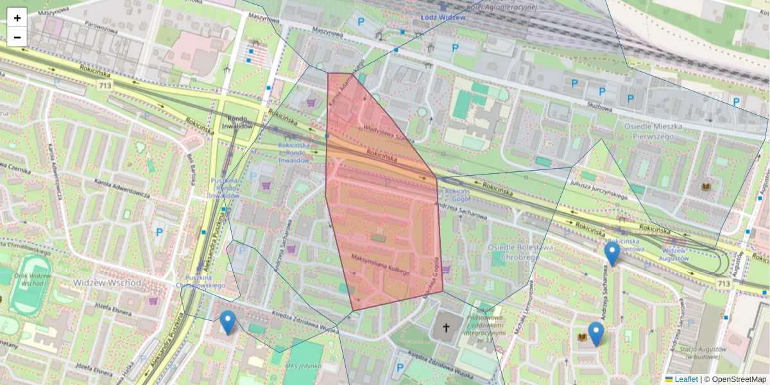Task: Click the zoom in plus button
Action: pyautogui.click(x=17, y=17)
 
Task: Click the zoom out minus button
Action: pyautogui.click(x=17, y=37)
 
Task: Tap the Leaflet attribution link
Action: pyautogui.click(x=686, y=379)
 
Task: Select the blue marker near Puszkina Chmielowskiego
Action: pyautogui.click(x=227, y=322)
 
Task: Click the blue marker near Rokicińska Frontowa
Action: pyautogui.click(x=612, y=253)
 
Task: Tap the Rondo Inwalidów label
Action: pyautogui.click(x=237, y=122)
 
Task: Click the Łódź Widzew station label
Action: pyautogui.click(x=443, y=17)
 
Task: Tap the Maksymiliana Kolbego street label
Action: pyautogui.click(x=380, y=264)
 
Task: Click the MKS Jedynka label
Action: pyautogui.click(x=304, y=366)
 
